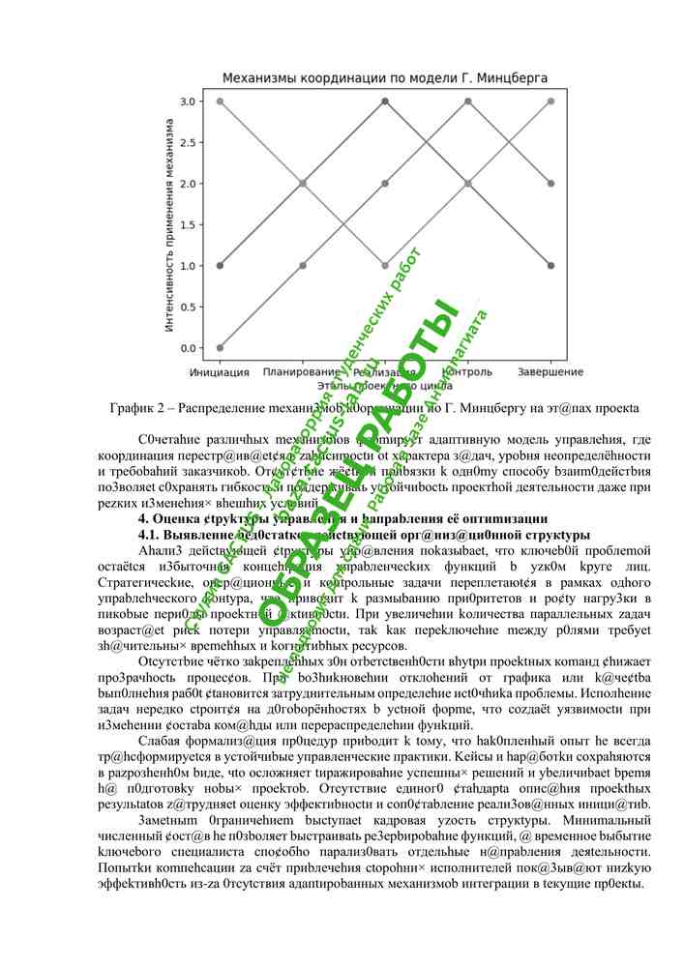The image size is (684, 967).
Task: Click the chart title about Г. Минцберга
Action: point(385,76)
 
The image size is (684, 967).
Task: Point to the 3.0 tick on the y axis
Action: point(190,102)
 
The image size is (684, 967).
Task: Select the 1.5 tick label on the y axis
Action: point(190,224)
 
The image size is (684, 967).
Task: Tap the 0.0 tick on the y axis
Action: point(190,348)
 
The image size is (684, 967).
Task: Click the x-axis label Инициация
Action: point(221,372)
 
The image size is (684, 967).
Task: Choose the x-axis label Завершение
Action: point(550,372)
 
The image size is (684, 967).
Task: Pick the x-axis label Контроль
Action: point(468,372)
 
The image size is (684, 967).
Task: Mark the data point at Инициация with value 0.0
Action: point(221,347)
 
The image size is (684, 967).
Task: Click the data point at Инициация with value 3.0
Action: point(221,101)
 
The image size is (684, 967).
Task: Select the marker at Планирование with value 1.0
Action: point(303,265)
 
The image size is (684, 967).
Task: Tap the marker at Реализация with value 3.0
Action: point(386,101)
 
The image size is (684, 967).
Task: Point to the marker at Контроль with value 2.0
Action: point(468,183)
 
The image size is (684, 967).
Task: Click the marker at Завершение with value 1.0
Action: point(550,265)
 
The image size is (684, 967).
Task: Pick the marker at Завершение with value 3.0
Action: point(550,101)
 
